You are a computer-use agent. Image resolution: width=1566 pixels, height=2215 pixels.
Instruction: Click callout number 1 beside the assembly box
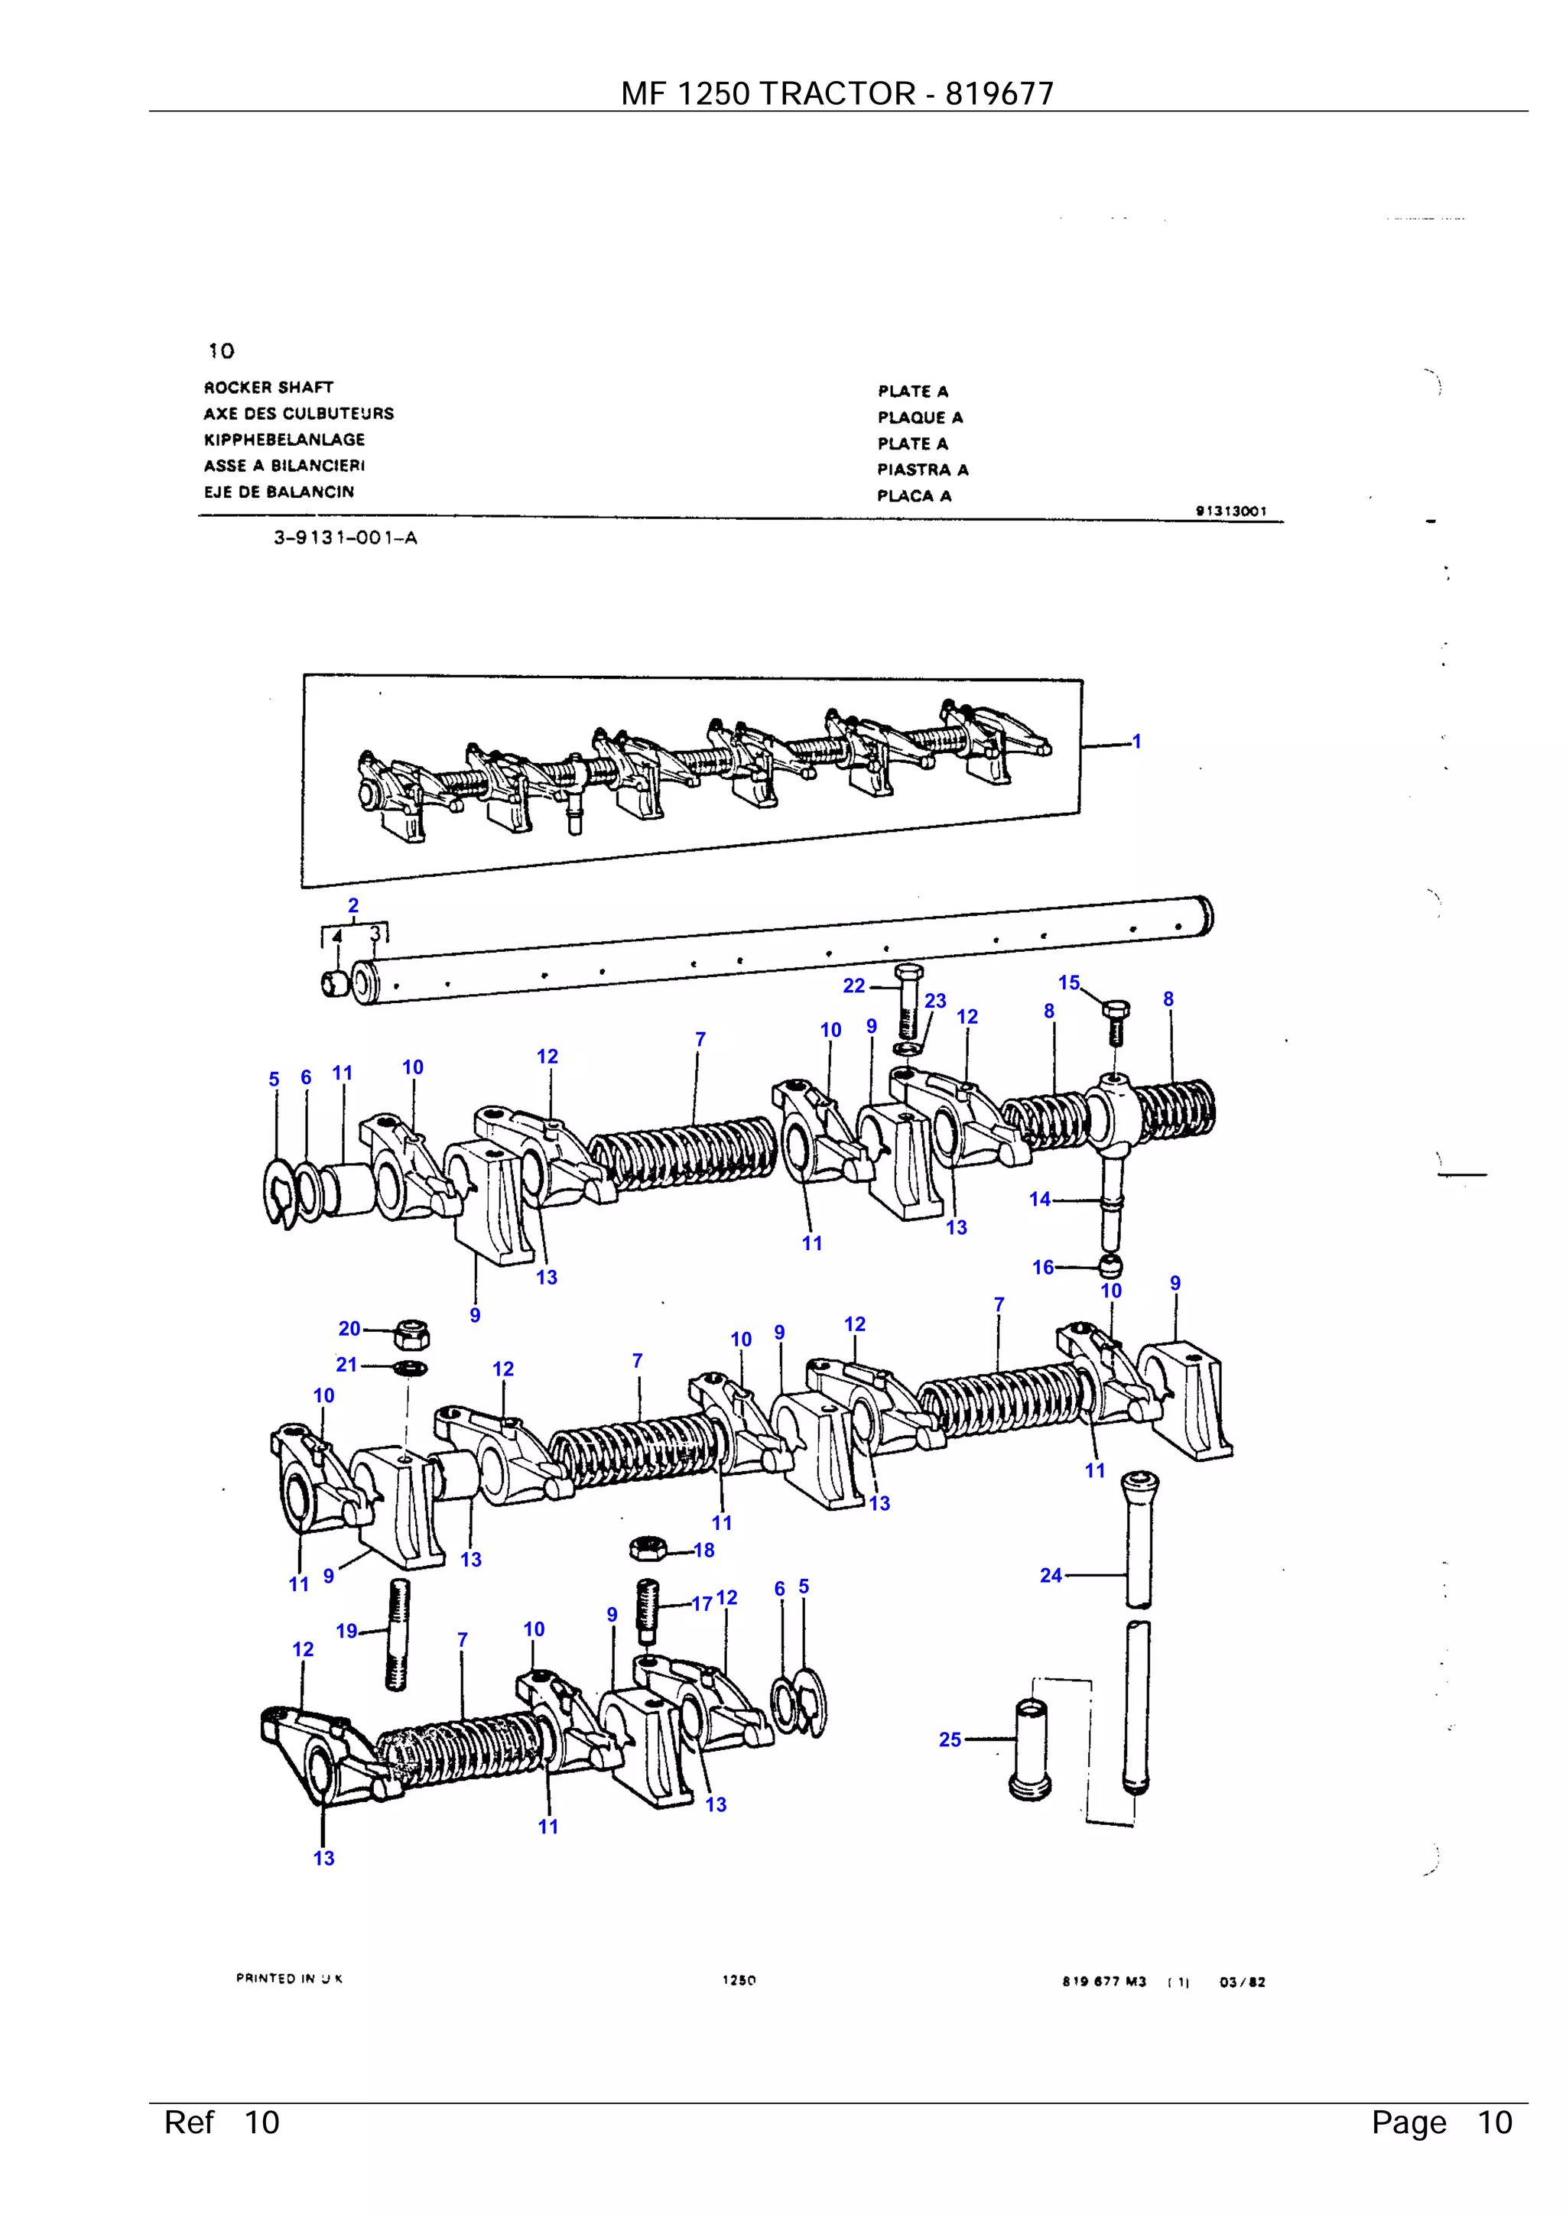click(x=1136, y=741)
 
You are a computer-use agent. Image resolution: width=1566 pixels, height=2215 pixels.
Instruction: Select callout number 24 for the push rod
click(x=1050, y=1574)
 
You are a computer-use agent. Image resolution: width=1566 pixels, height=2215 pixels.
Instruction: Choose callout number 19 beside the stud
click(x=346, y=1630)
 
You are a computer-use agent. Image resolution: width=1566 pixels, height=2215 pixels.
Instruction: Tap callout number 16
click(x=1043, y=1267)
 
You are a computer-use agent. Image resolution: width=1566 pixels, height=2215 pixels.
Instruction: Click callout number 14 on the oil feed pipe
click(x=1039, y=1199)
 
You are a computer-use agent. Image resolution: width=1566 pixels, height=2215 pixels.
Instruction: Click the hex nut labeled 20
click(x=412, y=1334)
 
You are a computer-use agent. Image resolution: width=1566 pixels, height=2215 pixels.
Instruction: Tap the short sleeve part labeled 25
click(x=1031, y=1750)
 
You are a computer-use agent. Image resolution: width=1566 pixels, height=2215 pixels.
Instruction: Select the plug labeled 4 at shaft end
click(x=335, y=984)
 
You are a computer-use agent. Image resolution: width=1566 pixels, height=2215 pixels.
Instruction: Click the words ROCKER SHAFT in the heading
click(x=268, y=387)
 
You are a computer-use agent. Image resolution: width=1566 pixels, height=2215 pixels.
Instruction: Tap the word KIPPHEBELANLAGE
click(x=284, y=439)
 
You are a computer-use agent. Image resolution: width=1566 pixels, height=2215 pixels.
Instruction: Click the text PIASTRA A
click(x=921, y=469)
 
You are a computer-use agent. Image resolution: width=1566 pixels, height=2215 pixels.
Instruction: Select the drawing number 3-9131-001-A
click(x=344, y=538)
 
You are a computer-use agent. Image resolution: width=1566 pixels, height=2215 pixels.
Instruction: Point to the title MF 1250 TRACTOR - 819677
click(x=837, y=93)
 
